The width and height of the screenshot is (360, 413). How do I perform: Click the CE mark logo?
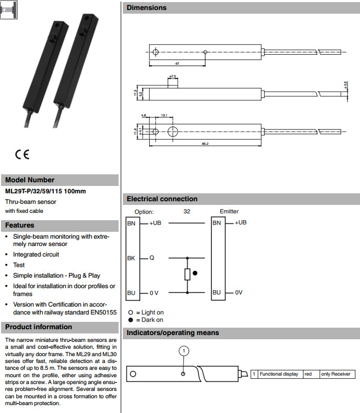tap(22, 154)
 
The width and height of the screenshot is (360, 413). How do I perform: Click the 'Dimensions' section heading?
tap(147, 8)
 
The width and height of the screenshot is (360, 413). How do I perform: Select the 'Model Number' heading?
tap(30, 180)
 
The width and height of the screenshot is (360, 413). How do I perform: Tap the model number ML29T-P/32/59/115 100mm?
tap(45, 191)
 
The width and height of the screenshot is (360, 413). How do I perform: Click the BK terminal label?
tap(131, 258)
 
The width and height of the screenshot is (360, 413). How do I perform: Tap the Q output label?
tap(151, 258)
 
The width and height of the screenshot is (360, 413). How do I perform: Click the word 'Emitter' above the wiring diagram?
tap(229, 211)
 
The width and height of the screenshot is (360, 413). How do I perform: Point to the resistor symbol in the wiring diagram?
tap(187, 274)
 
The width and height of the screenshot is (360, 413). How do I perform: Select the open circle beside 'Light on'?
tap(131, 312)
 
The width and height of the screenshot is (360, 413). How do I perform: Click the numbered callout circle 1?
tap(183, 351)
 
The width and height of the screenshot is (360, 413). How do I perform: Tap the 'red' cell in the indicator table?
tap(308, 374)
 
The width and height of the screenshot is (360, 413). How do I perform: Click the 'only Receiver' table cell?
tap(335, 374)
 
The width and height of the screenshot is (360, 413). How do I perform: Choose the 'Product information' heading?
tap(38, 327)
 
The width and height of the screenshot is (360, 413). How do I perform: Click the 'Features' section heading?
tap(20, 225)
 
